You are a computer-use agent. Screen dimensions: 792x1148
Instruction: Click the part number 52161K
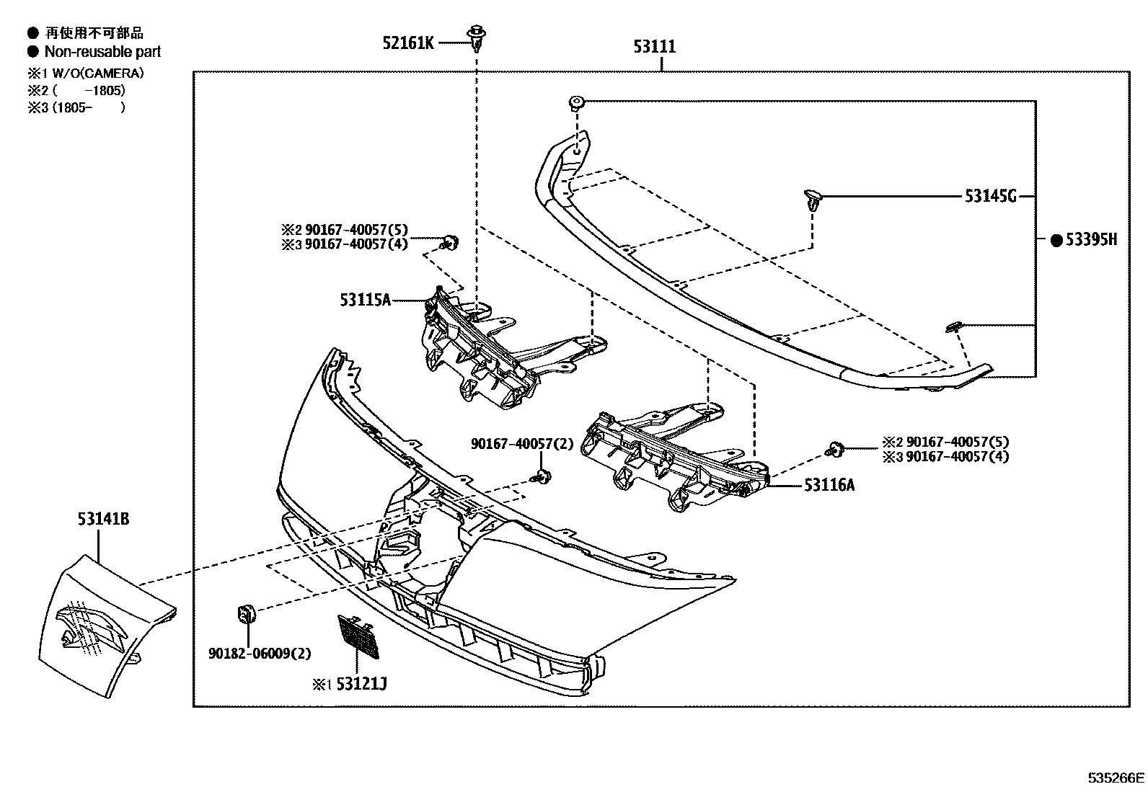[408, 43]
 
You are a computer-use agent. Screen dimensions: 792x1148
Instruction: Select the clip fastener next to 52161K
[475, 37]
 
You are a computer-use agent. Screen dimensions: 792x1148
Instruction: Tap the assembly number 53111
[655, 47]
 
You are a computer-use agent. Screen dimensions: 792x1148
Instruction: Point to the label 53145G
[990, 196]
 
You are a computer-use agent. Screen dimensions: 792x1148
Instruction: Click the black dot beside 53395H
[1056, 241]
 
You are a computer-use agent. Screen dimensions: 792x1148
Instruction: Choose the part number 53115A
[365, 300]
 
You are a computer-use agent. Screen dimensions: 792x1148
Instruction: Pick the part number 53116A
[829, 485]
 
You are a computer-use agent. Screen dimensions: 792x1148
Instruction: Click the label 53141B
[104, 518]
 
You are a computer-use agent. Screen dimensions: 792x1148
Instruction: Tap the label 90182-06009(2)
[260, 654]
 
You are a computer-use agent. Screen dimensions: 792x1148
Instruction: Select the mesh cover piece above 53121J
[358, 636]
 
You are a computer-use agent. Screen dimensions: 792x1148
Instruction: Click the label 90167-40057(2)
[522, 444]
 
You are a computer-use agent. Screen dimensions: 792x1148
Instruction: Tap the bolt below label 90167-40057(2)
[541, 476]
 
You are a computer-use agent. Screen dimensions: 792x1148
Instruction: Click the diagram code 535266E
[1116, 778]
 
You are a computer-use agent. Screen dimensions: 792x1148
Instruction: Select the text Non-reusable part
[102, 52]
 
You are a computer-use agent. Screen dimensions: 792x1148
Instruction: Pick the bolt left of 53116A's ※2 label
[836, 449]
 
